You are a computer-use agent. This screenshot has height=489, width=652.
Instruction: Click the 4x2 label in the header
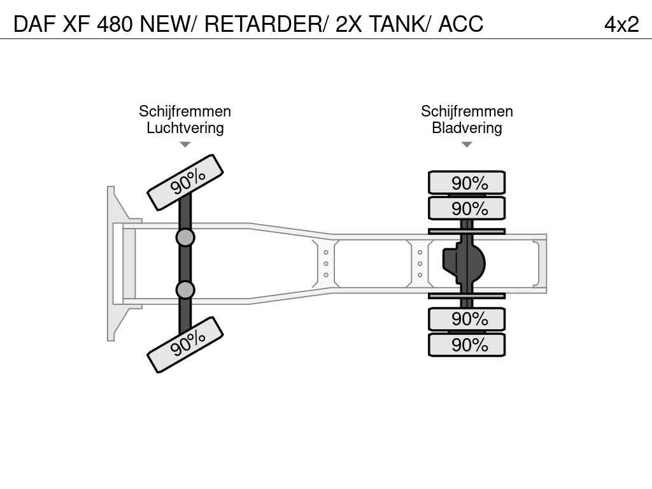[x=621, y=24]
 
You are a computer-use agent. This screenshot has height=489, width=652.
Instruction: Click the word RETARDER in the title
[x=264, y=24]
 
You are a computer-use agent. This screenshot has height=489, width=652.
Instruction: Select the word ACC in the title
[x=460, y=24]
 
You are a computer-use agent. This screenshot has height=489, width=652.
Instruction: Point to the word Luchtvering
[x=185, y=128]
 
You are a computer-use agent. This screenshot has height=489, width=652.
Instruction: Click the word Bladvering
[x=467, y=128]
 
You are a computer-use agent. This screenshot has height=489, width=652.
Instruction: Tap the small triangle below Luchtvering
[x=185, y=145]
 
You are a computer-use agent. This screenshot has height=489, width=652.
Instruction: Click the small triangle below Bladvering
[x=467, y=145]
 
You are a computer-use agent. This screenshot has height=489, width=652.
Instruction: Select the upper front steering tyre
[x=185, y=183]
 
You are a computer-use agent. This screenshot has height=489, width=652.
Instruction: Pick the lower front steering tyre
[x=185, y=344]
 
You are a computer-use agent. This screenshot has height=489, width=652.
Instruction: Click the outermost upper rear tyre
[x=467, y=183]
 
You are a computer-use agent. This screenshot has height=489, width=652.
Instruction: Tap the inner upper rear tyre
[x=467, y=208]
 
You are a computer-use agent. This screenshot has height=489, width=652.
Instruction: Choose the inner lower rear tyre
[x=467, y=319]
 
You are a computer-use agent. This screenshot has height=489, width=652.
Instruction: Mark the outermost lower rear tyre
[x=467, y=344]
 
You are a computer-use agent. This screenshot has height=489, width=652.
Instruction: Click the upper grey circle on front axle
[x=185, y=237]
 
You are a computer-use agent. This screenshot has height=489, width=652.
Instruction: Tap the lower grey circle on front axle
[x=185, y=290]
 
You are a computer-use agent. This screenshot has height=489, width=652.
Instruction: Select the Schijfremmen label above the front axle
[x=185, y=111]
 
